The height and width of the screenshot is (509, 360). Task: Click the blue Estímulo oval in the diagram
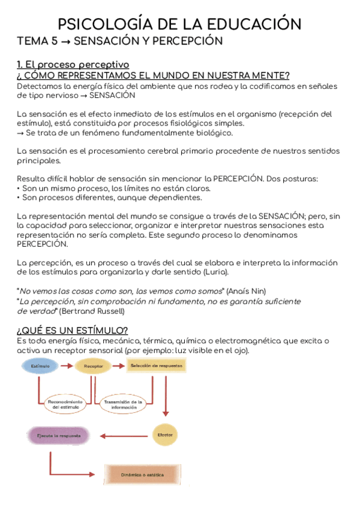click(x=41, y=365)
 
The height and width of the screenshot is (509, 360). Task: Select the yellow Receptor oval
click(x=92, y=365)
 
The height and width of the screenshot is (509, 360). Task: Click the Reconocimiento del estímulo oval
click(x=67, y=403)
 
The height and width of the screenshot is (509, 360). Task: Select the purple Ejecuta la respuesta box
click(x=58, y=435)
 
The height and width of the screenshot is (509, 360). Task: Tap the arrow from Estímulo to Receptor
click(x=66, y=365)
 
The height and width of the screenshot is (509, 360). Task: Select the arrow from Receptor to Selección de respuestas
click(x=119, y=365)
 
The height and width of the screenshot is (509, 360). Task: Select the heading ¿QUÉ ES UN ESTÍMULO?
click(x=72, y=331)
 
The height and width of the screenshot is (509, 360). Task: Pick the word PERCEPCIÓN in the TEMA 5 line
click(x=187, y=41)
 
